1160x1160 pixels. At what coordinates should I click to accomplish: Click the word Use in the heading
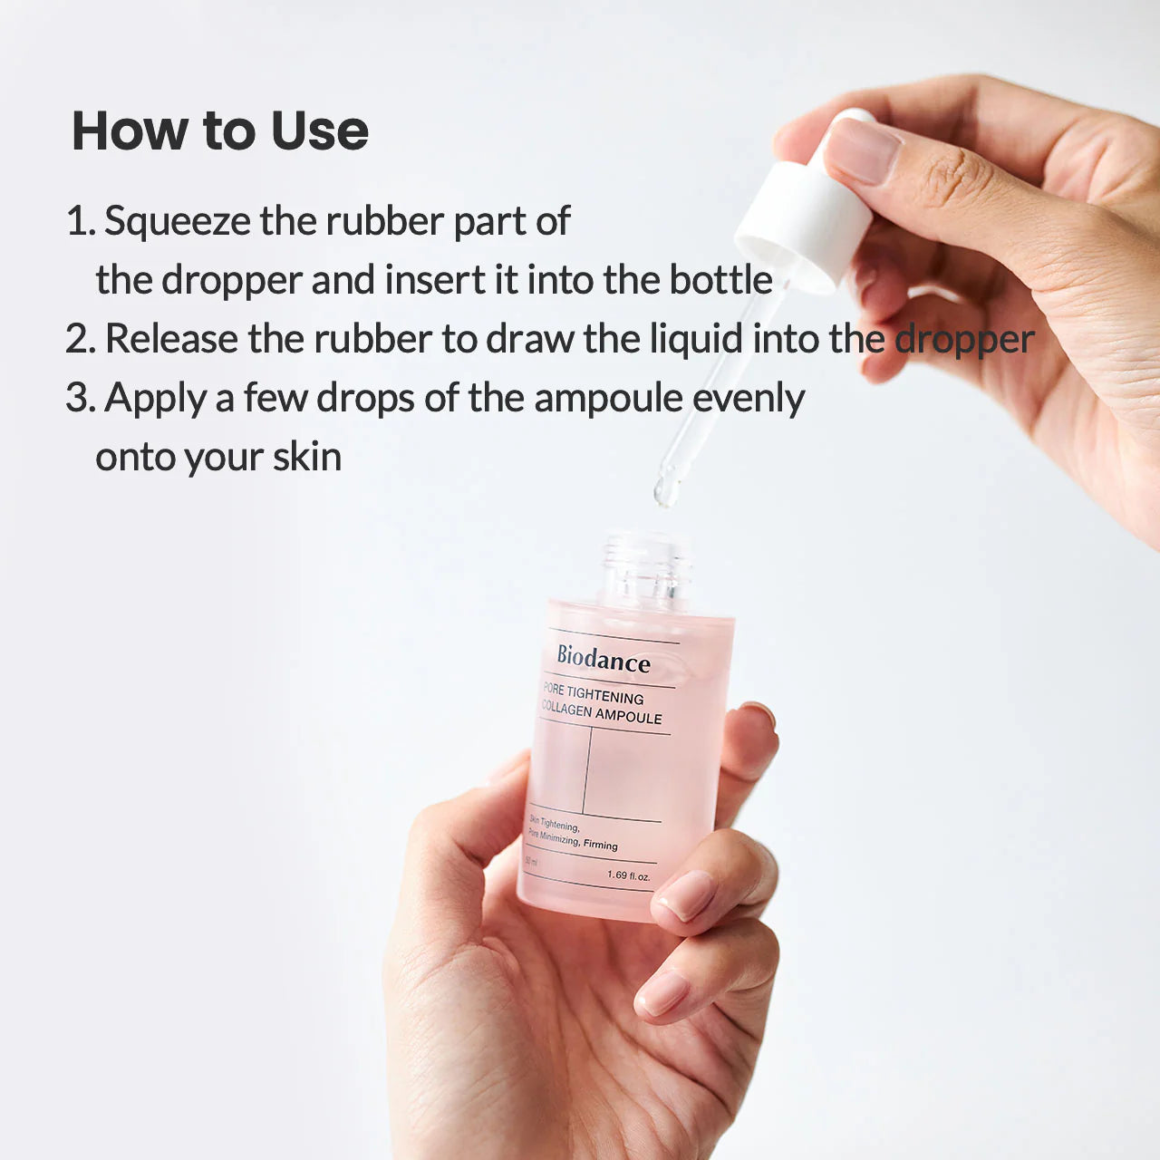point(319,130)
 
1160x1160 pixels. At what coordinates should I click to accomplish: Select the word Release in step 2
point(170,339)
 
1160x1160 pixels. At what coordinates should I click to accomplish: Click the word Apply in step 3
point(155,399)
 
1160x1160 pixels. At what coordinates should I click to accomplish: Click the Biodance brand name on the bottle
point(604,659)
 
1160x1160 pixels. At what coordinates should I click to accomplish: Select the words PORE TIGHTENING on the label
point(594,693)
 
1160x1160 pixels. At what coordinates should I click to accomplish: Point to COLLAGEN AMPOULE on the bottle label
point(602,713)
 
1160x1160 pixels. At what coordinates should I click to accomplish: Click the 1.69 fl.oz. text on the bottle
point(628,875)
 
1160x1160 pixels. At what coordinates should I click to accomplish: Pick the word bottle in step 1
point(720,280)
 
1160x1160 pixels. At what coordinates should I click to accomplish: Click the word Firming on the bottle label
point(600,845)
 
